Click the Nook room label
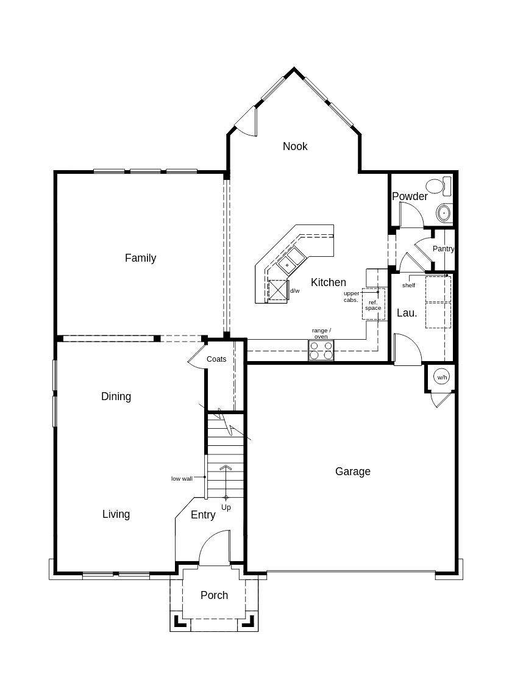point(295,146)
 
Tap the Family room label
point(140,258)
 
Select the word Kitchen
point(329,282)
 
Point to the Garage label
point(352,471)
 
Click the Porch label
point(214,595)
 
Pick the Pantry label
point(443,249)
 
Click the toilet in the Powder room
point(439,185)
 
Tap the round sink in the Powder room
point(444,213)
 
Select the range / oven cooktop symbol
point(321,350)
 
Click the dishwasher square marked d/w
point(278,291)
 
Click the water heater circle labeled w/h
point(441,377)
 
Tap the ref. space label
point(373,306)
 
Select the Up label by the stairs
point(226,507)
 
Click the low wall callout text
point(182,479)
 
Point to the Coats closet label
point(216,359)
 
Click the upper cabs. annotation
point(351,297)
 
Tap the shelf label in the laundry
point(408,285)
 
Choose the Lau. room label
point(407,313)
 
